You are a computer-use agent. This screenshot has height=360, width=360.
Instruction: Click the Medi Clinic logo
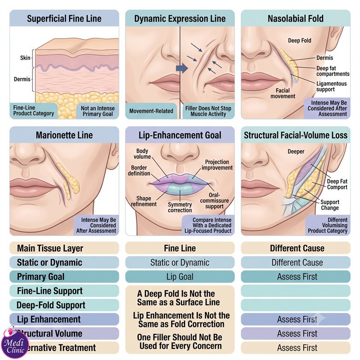pos(15,344)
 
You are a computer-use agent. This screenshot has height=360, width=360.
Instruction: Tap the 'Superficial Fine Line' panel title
pos(64,18)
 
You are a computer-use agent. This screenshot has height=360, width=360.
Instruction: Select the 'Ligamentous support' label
pos(331,86)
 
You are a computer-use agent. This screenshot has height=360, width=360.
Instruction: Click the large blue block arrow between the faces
pos(182,68)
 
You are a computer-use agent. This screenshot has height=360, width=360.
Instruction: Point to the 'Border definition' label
pos(139,171)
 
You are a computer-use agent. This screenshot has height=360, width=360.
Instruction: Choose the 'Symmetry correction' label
pos(180,207)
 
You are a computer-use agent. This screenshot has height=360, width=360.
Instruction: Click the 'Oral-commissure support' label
pos(214,200)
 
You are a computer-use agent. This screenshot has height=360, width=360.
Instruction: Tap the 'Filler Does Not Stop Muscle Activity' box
pos(208,111)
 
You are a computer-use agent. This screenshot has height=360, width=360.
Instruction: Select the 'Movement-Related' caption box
pos(151,111)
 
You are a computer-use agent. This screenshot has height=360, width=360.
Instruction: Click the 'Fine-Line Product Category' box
pos(33,111)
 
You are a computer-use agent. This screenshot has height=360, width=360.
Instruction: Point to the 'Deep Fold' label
pos(299,40)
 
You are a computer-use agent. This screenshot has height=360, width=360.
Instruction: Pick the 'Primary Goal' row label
pos(40,277)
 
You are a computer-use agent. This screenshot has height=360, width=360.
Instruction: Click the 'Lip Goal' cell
pos(180,277)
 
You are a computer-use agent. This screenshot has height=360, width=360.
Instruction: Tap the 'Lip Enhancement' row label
pos(49,319)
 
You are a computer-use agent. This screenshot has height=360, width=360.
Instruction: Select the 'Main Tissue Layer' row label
pos(50,248)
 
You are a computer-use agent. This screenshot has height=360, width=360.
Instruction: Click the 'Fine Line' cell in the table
pos(180,248)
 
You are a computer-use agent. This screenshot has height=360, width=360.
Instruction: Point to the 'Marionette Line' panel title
pos(64,135)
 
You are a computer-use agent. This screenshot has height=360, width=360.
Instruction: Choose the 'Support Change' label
pos(330,205)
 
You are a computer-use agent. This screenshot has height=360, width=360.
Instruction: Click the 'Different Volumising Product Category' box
pos(328,225)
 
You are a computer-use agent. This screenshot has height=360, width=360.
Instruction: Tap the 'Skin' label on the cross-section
pos(25,58)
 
